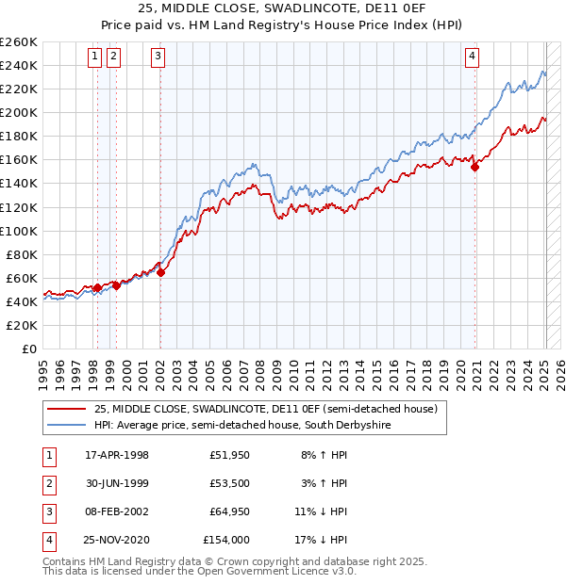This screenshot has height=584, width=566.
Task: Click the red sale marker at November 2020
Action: click(475, 167)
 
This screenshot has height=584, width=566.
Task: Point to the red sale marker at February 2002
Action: click(160, 272)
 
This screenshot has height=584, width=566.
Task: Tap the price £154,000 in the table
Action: click(226, 541)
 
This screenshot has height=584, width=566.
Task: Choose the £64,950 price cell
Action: click(226, 512)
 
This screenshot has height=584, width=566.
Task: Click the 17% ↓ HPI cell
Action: click(322, 541)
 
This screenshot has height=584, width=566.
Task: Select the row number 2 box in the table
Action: click(48, 484)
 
